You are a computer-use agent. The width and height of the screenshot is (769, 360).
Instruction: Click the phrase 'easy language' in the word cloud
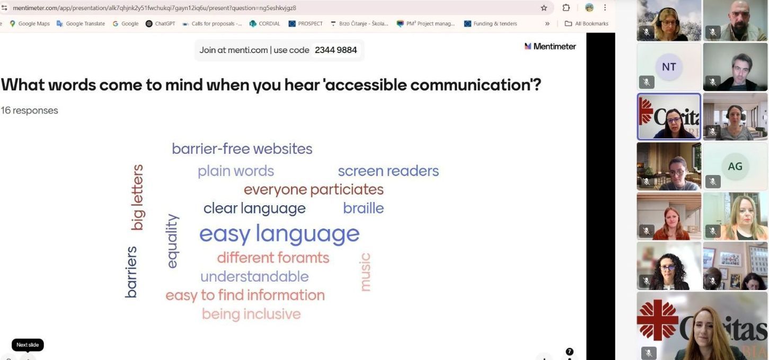pos(279,234)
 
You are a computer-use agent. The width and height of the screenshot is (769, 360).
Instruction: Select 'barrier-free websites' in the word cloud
pos(242,149)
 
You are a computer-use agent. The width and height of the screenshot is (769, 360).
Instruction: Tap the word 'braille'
pos(363,208)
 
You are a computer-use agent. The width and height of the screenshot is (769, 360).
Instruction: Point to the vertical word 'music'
pos(365,272)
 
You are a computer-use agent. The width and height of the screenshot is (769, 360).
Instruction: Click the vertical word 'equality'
pos(172,241)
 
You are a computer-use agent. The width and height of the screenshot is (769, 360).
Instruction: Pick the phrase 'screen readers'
pos(388,171)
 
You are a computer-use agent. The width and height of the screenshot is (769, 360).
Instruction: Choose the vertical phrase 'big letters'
pos(138,197)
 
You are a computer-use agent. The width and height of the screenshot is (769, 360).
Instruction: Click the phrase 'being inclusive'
pos(251,314)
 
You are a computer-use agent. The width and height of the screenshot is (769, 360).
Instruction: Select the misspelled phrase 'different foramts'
pos(273,258)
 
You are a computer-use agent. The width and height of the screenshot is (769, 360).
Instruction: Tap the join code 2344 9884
pos(336,50)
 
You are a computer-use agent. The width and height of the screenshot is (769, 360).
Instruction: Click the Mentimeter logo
pos(550,46)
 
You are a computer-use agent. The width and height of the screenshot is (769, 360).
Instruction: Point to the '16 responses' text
pos(29,111)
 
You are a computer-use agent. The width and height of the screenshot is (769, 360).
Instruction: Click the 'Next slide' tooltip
pos(28,345)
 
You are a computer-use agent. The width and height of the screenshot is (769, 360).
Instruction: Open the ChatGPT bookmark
pos(161,24)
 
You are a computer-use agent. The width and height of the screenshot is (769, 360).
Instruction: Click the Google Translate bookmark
pos(81,24)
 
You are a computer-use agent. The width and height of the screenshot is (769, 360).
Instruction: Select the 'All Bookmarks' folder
pos(586,24)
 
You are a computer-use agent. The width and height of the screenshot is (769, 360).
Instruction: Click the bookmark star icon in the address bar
pos(544,8)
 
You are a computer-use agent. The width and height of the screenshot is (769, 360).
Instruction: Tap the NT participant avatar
pos(669,67)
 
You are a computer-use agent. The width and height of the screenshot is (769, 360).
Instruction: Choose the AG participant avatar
pos(735,166)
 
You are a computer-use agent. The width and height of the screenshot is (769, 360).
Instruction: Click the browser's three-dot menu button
pos(605,7)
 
